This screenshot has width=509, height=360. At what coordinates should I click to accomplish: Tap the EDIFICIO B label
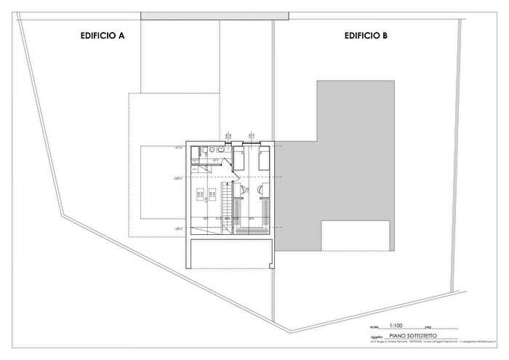click(x=366, y=34)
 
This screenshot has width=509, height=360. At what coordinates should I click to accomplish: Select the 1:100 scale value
click(x=396, y=327)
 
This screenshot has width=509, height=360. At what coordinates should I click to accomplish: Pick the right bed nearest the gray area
click(x=264, y=159)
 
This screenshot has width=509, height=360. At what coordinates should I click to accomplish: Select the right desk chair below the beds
click(x=261, y=189)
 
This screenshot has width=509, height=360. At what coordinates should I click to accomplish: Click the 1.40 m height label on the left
click(x=178, y=228)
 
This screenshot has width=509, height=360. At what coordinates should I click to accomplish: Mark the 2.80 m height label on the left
click(x=178, y=177)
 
